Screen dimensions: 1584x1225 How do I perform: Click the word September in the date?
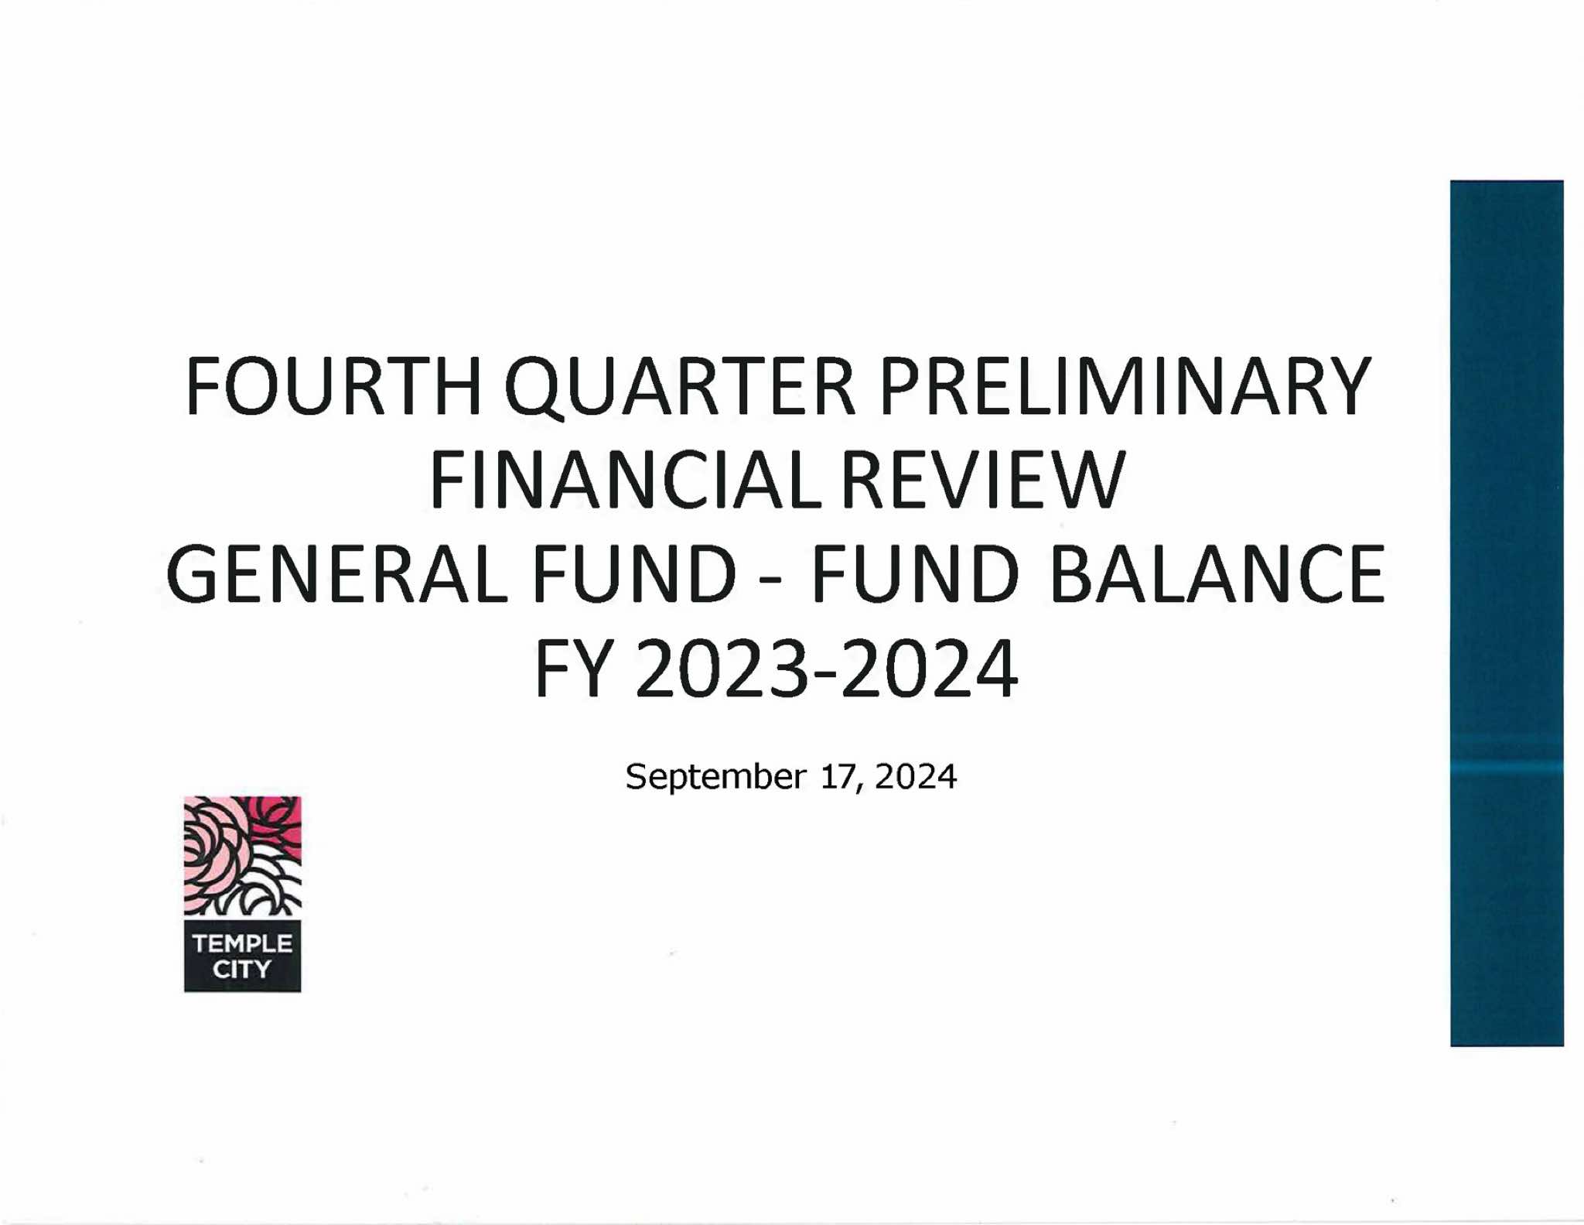[715, 777]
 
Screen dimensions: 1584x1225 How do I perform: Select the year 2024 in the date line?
[916, 776]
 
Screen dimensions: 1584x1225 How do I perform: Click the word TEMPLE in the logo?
[242, 943]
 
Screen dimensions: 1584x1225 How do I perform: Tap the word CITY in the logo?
[242, 969]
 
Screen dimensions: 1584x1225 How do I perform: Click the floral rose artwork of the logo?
[242, 856]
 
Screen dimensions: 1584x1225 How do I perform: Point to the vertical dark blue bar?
[1507, 613]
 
